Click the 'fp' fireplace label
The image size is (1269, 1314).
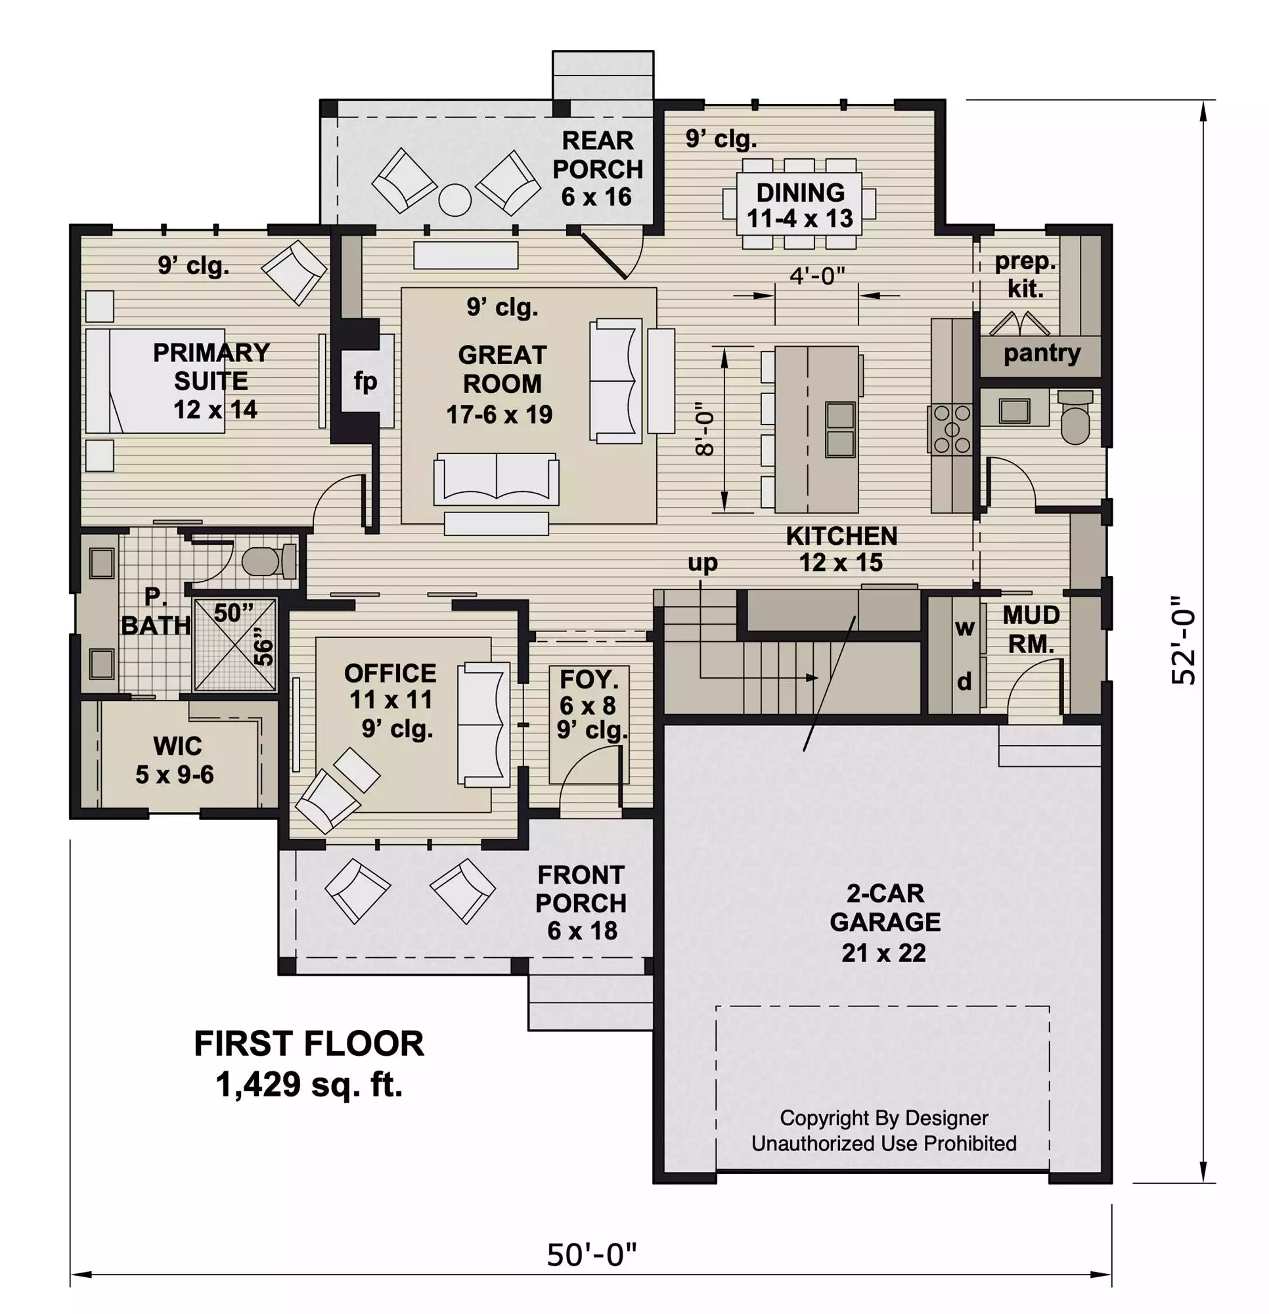[365, 382]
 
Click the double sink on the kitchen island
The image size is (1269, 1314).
[840, 429]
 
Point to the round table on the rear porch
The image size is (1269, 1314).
[455, 200]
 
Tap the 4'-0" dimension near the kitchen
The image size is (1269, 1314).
[816, 275]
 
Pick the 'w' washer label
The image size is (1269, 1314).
[965, 627]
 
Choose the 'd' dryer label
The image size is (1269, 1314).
[964, 681]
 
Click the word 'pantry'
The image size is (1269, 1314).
[1042, 353]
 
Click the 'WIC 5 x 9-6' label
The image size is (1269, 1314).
[175, 760]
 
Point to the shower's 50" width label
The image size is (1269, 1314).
[234, 613]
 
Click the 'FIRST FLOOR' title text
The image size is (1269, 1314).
[309, 1044]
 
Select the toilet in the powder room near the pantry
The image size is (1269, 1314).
[1075, 417]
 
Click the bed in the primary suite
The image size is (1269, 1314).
[155, 380]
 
